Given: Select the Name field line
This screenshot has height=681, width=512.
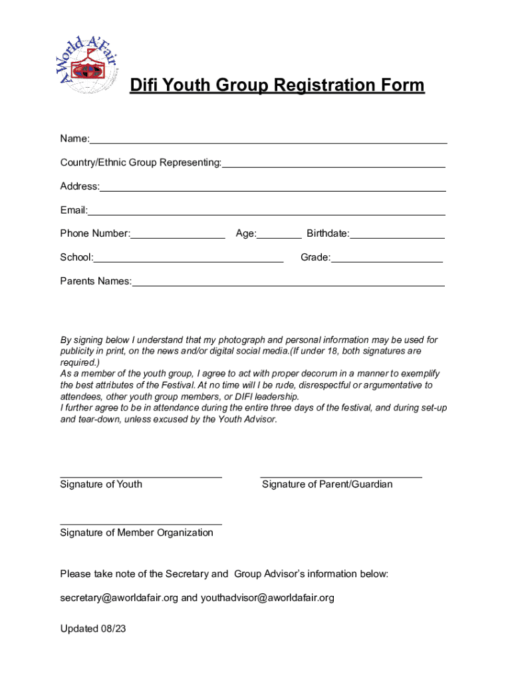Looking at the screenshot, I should coord(268,142).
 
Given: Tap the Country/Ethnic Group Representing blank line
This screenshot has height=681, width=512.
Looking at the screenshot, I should coord(333,166).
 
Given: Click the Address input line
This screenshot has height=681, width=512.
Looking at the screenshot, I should coord(273,190).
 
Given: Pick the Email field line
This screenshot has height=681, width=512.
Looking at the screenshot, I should coord(267,213).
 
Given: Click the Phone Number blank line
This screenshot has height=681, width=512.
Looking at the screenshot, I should coord(178,237).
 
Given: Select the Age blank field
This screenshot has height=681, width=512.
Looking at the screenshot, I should coord(279,237).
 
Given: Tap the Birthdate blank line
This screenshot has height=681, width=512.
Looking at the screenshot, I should coord(397,237).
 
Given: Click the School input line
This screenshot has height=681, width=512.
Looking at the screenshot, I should coord(188,261).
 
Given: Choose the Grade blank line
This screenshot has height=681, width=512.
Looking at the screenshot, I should coord(386,261).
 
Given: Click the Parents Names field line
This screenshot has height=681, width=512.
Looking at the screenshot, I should coord(288,285).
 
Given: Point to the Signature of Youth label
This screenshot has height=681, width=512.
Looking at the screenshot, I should coord(101,484).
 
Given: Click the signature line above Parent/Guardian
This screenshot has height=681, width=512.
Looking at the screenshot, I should coord(340,476).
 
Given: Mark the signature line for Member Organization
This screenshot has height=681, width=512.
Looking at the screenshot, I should coord(141,524).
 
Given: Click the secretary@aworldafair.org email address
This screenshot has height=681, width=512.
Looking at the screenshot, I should coord(119,598).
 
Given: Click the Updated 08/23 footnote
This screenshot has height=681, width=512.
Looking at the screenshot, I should coord(92,628).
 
